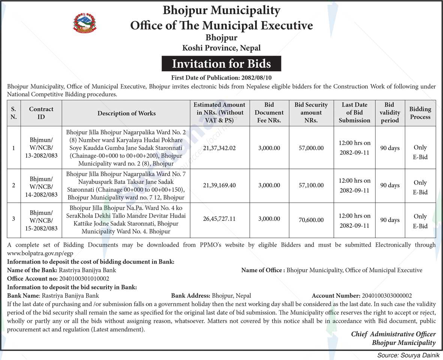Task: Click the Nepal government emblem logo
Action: (x=84, y=23)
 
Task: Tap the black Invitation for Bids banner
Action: (x=221, y=63)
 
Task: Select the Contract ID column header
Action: (x=41, y=113)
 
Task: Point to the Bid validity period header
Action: (x=390, y=112)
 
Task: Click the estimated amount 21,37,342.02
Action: (x=219, y=148)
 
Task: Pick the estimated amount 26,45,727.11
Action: (x=219, y=218)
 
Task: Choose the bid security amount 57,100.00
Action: (x=311, y=185)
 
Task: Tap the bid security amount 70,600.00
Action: (x=311, y=218)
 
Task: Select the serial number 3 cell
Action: (x=14, y=218)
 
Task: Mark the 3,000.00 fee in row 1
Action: (x=269, y=148)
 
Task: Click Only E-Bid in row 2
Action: (x=420, y=187)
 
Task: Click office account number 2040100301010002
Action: (x=84, y=279)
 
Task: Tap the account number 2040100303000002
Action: (x=387, y=296)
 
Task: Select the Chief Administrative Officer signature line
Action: (x=393, y=334)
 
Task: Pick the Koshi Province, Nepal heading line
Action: (x=221, y=48)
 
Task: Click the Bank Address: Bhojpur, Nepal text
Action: (x=211, y=296)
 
